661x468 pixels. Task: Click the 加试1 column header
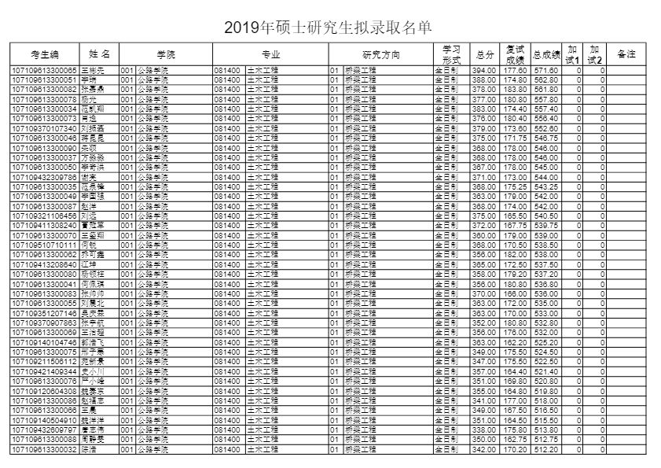coord(573,54)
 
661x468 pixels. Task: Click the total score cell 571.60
coord(545,71)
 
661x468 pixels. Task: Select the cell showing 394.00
coord(483,71)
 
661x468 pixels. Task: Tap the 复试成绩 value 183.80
coord(515,90)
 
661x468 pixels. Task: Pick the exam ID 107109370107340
coord(44,128)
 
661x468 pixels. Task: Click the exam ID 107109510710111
coord(44,245)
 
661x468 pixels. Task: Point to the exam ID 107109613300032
coord(44,450)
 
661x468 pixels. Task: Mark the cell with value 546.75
coord(545,138)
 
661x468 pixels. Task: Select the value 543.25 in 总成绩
coord(545,186)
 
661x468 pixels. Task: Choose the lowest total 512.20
coord(545,450)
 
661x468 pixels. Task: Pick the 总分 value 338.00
coord(483,430)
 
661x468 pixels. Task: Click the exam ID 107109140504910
coord(44,421)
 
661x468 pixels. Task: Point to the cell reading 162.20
coord(515,342)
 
